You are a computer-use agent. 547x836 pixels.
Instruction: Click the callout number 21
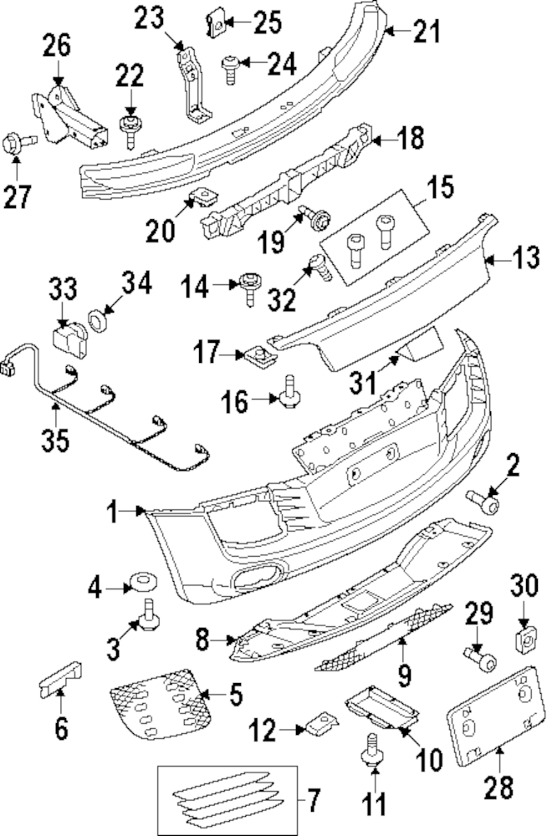coord(426,33)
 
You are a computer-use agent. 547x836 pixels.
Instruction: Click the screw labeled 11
coord(368,752)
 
